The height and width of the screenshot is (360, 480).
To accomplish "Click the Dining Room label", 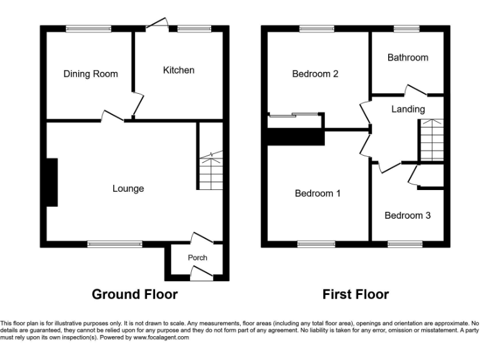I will tap(91, 74).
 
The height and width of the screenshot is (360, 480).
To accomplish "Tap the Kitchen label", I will tap(179, 70).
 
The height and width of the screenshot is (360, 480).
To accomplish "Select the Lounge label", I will tap(128, 188).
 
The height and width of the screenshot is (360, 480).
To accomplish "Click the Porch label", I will tap(197, 257).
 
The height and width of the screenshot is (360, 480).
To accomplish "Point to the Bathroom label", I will tap(407, 57).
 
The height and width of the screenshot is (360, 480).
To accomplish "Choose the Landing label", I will tap(407, 109).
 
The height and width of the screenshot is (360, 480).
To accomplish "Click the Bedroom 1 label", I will tap(317, 193).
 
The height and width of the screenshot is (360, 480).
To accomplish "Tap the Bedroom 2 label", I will tap(315, 74).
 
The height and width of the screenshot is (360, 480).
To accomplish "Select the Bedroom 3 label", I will tap(407, 216).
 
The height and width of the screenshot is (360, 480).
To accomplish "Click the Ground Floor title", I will tap(134, 294).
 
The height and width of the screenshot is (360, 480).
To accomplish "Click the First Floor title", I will tap(356, 294).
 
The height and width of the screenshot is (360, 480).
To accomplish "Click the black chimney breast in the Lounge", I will tap(51, 182).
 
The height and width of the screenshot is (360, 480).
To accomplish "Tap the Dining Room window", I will tap(89, 28).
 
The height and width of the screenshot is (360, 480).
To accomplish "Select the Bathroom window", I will tap(406, 28).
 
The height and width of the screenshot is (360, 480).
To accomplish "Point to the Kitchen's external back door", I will tap(157, 24).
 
